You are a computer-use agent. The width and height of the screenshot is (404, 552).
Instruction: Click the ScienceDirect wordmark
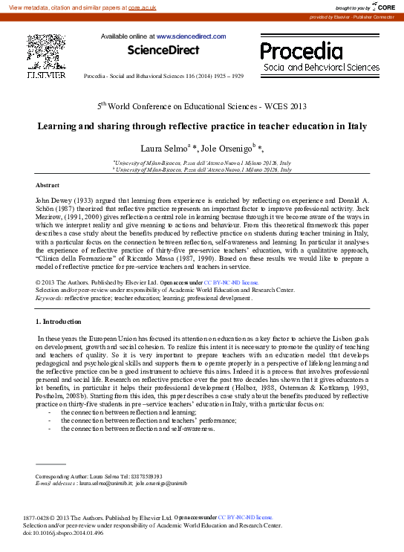pos(163,51)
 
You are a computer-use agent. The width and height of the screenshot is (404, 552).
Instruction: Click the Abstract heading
pos(48,184)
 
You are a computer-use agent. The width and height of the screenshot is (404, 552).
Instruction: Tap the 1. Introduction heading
pos(59,321)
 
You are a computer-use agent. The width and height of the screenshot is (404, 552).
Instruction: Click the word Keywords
pos(48,297)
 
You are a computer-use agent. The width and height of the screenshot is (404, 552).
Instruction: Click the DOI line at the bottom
pos(63,532)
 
